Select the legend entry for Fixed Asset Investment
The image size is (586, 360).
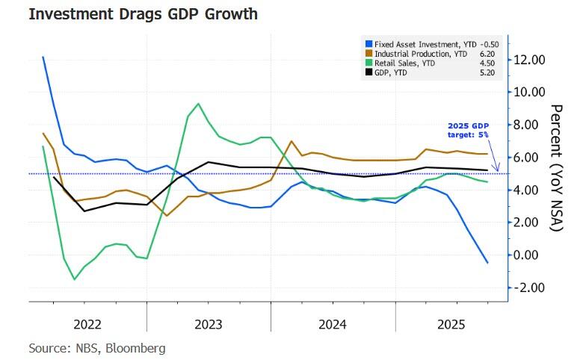click(419, 43)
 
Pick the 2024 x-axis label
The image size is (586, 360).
click(332, 324)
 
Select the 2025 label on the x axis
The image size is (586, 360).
click(451, 324)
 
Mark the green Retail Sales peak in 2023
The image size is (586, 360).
click(198, 104)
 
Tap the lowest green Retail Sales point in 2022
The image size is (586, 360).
click(74, 279)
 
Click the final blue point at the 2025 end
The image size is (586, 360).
click(488, 263)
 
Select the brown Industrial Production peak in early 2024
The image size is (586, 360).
click(291, 141)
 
